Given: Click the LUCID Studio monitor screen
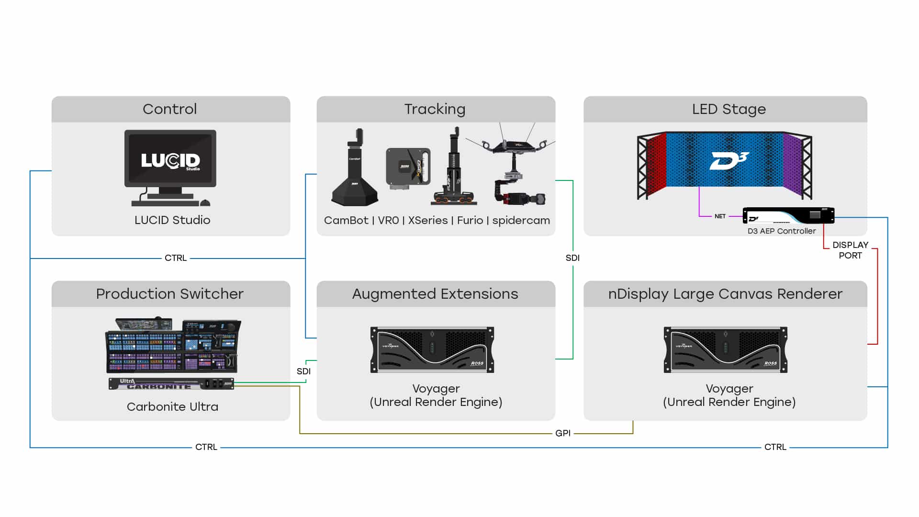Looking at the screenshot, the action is point(170,158).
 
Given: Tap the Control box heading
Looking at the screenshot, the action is point(170,109).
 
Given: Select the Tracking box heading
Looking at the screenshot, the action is point(435,109).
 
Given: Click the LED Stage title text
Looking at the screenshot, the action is point(729,109).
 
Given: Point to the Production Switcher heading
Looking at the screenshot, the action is point(170,294).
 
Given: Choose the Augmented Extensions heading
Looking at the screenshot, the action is point(435,294).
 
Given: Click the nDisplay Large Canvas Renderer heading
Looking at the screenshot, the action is point(725,294).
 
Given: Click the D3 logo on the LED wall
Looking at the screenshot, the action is point(728,161).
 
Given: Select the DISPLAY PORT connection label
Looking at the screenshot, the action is point(850,250).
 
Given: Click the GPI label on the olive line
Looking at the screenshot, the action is point(563,433).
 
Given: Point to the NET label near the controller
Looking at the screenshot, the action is point(720,216).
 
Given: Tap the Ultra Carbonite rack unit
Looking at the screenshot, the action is point(171,384).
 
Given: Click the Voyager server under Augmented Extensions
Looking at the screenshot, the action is point(432,349).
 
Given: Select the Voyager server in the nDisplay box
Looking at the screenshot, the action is point(726,349).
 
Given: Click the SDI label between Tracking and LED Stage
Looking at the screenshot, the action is point(572,258).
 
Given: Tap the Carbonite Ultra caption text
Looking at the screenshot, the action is point(172,407).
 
